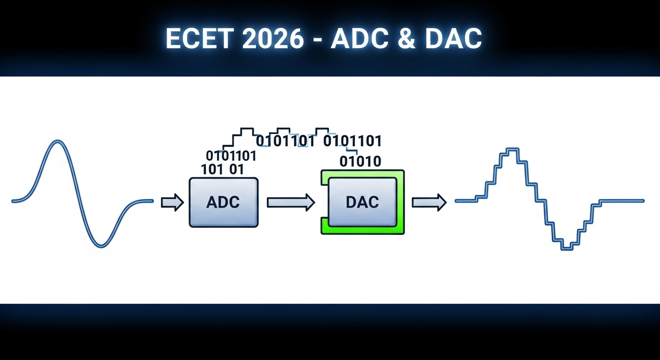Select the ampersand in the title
pyautogui.click(x=406, y=38)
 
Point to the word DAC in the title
pyautogui.click(x=453, y=38)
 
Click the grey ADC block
pyautogui.click(x=224, y=202)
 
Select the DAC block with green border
pyautogui.click(x=362, y=202)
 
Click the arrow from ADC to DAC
pyautogui.click(x=291, y=202)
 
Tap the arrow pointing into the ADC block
pyautogui.click(x=172, y=202)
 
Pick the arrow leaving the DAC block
pyautogui.click(x=429, y=202)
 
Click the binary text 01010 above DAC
pyautogui.click(x=360, y=161)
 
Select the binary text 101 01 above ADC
pyautogui.click(x=223, y=169)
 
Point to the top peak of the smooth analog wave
pyautogui.click(x=58, y=141)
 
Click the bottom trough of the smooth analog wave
pyautogui.click(x=101, y=246)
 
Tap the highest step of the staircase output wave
pyautogui.click(x=513, y=150)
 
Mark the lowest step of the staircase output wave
pyautogui.click(x=567, y=249)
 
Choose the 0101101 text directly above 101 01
pyautogui.click(x=231, y=156)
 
